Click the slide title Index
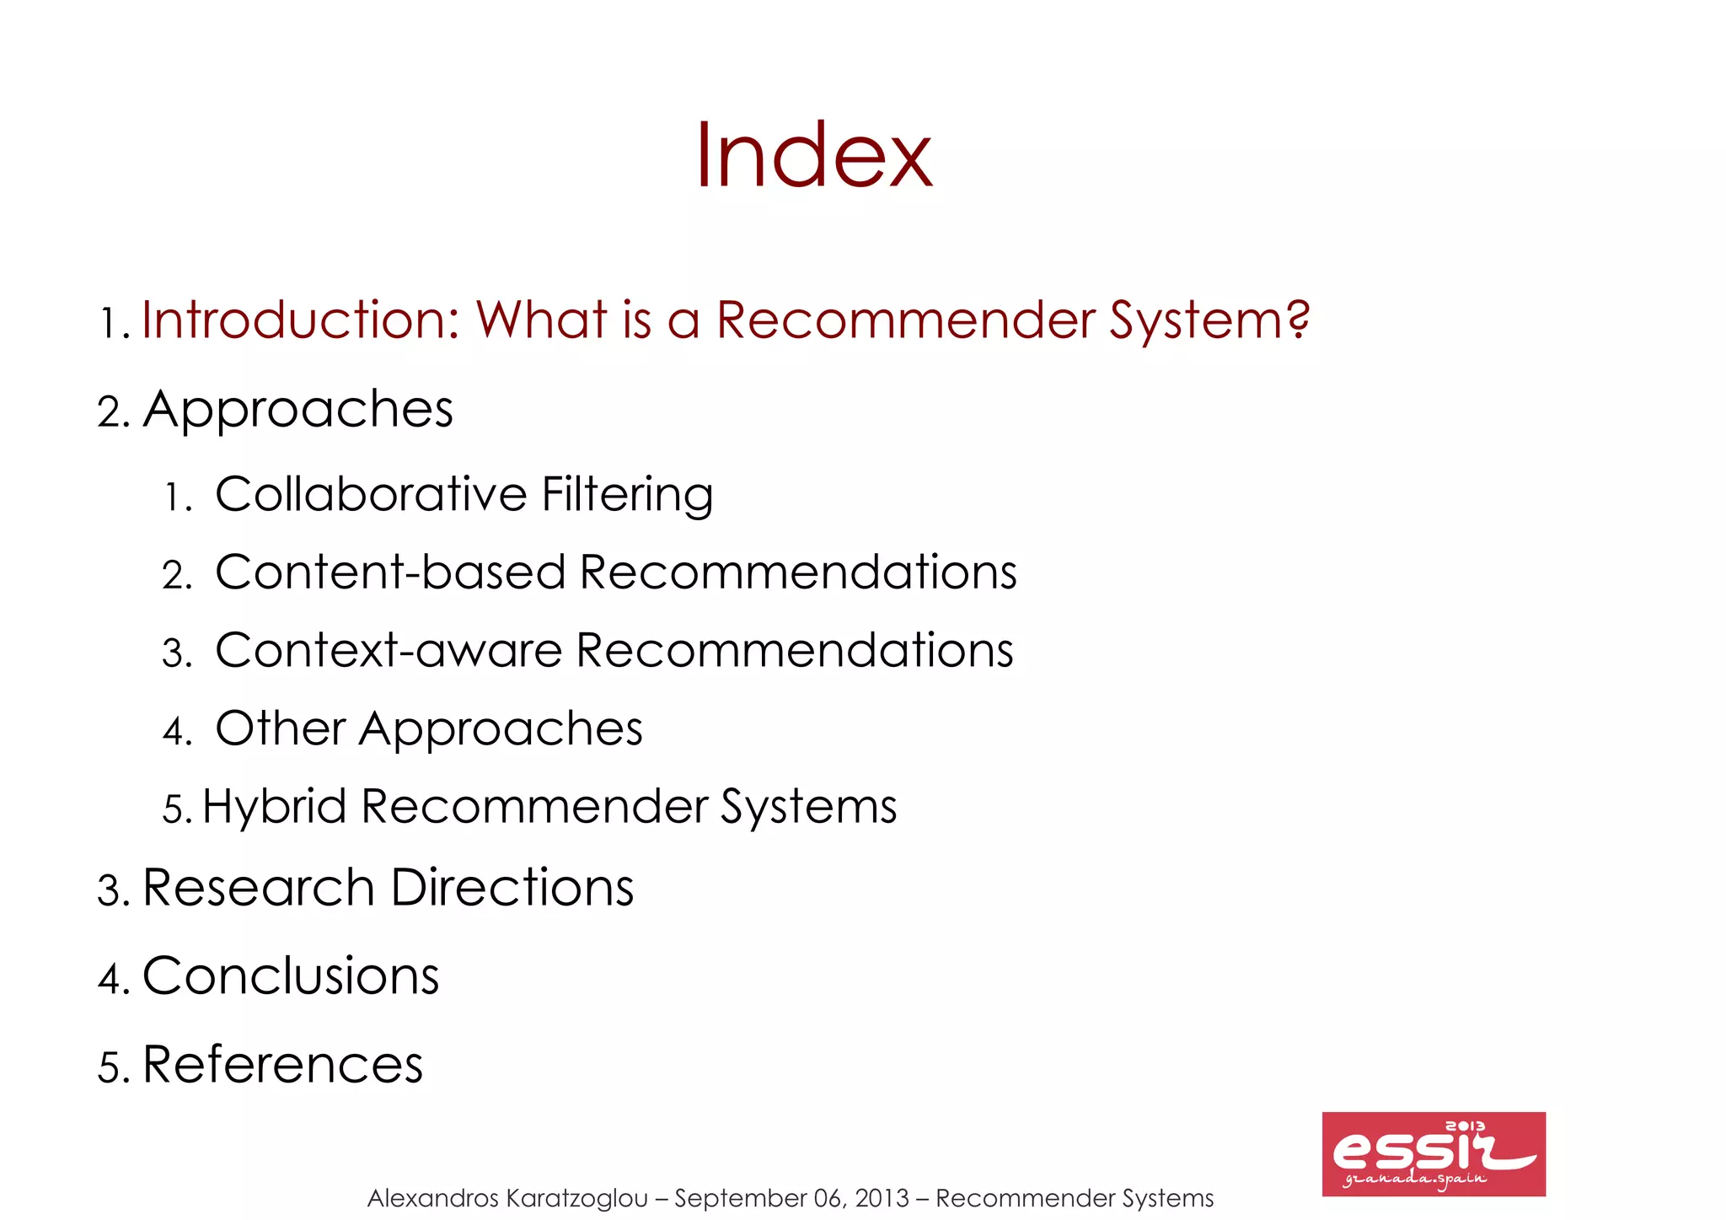[x=813, y=156]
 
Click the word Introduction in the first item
[x=300, y=320]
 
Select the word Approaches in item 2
[x=298, y=411]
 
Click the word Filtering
[x=627, y=495]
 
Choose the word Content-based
[x=390, y=572]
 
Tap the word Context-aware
[x=389, y=650]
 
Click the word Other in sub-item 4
[x=281, y=728]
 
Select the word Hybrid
[x=274, y=807]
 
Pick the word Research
[x=259, y=888]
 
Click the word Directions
[x=512, y=888]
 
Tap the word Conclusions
[x=291, y=976]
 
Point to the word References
[x=283, y=1064]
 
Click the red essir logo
[x=1433, y=1153]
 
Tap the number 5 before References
[x=109, y=1067]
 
